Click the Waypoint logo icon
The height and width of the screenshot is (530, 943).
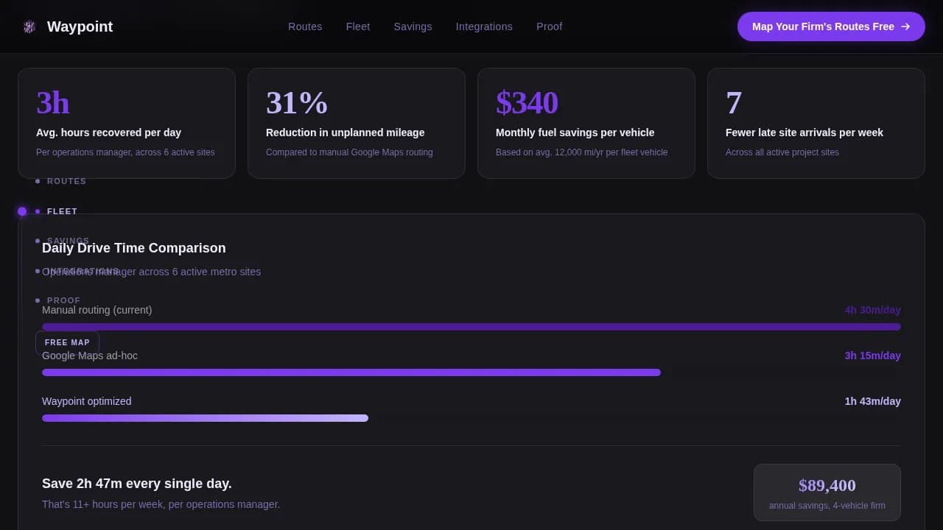[29, 26]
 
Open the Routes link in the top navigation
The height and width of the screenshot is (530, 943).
[305, 26]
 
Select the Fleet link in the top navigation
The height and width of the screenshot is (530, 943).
[358, 26]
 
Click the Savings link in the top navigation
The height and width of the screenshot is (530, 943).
[413, 26]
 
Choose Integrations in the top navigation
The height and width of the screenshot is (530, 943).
[484, 26]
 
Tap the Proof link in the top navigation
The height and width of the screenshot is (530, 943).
[549, 26]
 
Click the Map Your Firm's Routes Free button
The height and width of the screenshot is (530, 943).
[830, 26]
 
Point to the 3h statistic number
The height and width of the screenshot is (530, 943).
[53, 103]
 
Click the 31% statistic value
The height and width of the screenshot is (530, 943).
[297, 103]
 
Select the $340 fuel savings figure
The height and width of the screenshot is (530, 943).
[527, 103]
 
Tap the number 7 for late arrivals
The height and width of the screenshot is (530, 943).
[734, 103]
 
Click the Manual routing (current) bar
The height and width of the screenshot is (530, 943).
[471, 327]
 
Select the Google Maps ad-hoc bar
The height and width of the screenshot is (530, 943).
[351, 372]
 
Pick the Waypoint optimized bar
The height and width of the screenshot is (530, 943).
[205, 418]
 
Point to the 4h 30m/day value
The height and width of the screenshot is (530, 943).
[872, 310]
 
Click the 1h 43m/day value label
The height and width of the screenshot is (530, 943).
[872, 401]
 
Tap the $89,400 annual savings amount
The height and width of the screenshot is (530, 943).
[827, 485]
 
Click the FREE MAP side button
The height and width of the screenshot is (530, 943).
[67, 342]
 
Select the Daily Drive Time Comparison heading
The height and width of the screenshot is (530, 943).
[134, 248]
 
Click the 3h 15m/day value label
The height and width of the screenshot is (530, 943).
[872, 356]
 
